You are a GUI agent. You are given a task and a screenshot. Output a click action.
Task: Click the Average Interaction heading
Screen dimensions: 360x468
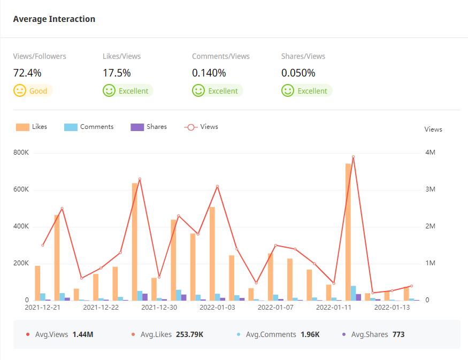pyautogui.click(x=54, y=19)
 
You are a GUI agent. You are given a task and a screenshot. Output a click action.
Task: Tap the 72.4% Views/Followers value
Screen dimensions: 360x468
pyautogui.click(x=27, y=73)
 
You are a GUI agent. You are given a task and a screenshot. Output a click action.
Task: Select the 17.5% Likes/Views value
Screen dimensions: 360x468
pyautogui.click(x=117, y=73)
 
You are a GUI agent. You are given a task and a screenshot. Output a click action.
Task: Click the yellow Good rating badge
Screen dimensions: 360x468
pyautogui.click(x=33, y=91)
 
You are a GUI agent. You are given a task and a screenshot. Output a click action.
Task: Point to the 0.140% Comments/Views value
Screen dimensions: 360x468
pyautogui.click(x=209, y=73)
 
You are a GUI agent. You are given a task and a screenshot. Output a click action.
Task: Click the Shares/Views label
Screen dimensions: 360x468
pyautogui.click(x=303, y=56)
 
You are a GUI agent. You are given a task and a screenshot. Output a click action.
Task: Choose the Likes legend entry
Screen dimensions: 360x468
pyautogui.click(x=32, y=127)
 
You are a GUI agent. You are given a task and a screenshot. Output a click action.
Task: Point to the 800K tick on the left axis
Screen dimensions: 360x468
pyautogui.click(x=21, y=152)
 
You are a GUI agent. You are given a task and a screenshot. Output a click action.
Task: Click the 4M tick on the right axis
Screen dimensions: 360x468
pyautogui.click(x=431, y=152)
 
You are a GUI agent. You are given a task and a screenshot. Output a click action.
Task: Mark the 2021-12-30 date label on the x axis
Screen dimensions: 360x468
pyautogui.click(x=159, y=308)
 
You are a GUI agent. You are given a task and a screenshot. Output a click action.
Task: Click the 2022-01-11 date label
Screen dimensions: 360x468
pyautogui.click(x=334, y=308)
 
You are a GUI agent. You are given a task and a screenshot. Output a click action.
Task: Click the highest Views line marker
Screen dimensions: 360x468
pyautogui.click(x=353, y=157)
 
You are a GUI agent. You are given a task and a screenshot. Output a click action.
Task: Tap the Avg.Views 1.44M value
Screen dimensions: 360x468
pyautogui.click(x=83, y=334)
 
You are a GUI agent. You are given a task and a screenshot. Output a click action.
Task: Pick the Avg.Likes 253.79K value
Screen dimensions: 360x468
pyautogui.click(x=187, y=334)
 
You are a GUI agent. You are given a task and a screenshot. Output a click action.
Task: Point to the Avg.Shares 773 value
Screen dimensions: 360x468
pyautogui.click(x=398, y=334)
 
